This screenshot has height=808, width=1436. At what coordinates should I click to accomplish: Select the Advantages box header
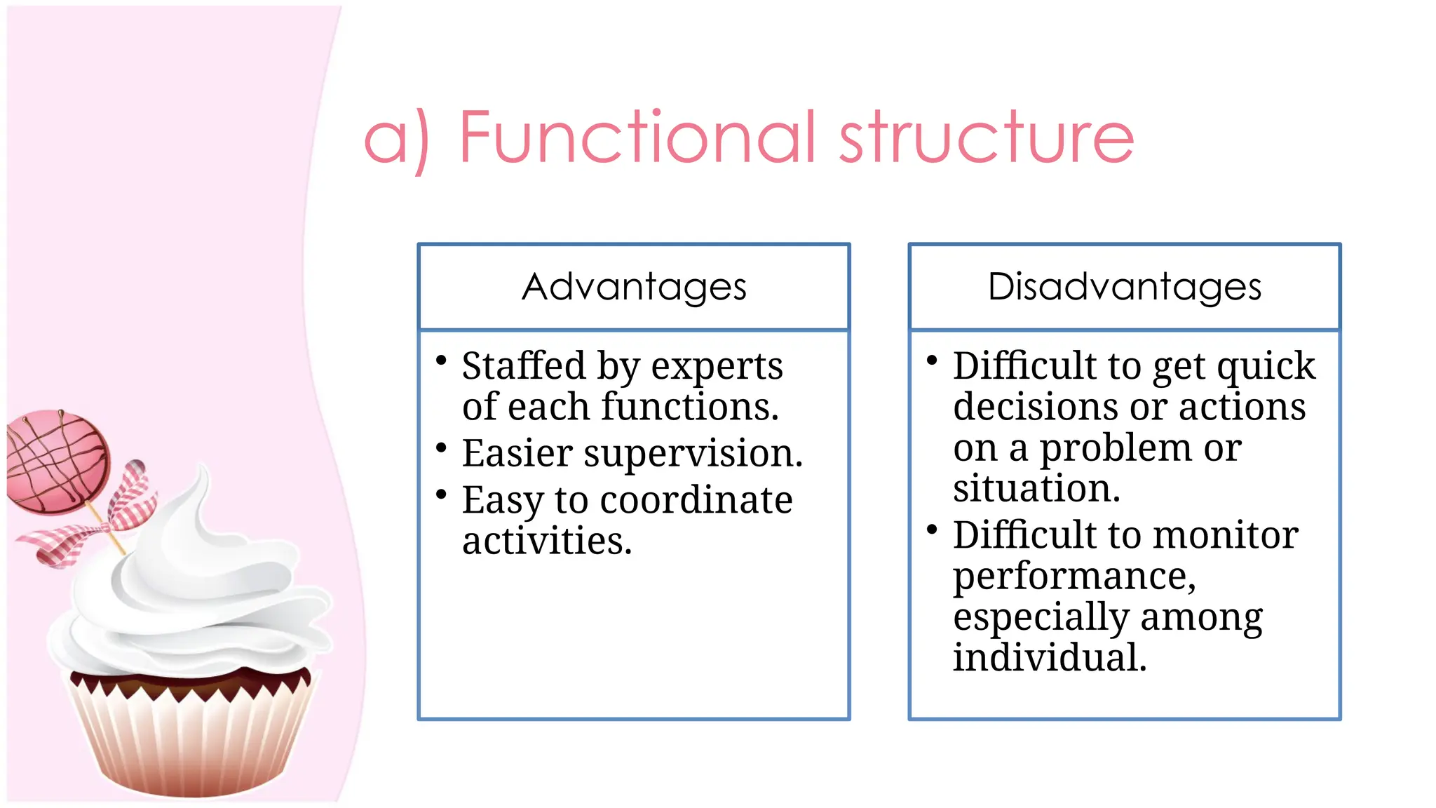click(634, 287)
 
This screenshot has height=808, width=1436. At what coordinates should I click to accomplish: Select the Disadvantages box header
click(1124, 287)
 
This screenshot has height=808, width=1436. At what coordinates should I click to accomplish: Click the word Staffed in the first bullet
click(523, 366)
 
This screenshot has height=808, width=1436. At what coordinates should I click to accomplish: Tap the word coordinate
click(696, 501)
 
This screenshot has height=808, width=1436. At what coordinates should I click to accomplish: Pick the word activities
click(547, 541)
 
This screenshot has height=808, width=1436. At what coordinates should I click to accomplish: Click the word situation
click(1036, 488)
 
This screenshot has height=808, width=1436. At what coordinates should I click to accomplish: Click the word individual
click(1049, 658)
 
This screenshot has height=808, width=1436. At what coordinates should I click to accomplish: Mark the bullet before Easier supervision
click(441, 447)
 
